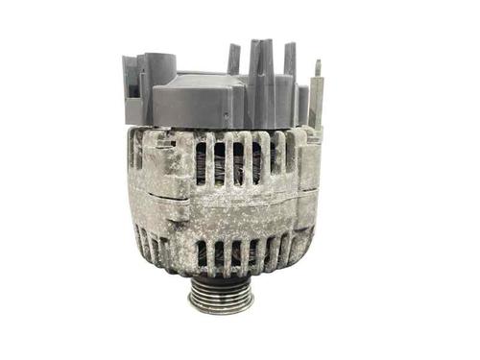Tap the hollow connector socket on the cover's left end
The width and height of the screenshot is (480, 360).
pyautogui.click(x=133, y=76)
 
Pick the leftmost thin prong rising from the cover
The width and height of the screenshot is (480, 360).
pyautogui.click(x=233, y=60)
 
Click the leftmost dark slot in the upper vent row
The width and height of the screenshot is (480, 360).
pyautogui.click(x=201, y=161)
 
